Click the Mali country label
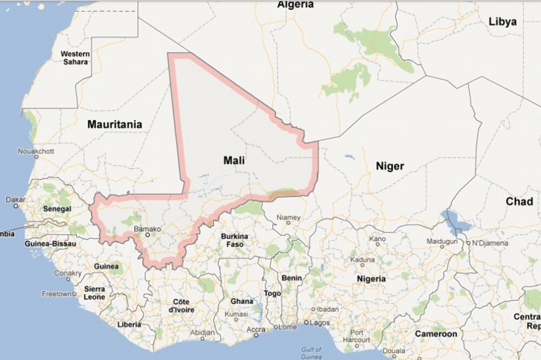pos(234,161)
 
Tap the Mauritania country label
pos(115,124)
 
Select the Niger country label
pos(390,166)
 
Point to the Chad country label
pos(519,202)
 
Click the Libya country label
pos(503,22)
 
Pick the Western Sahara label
pos(75,58)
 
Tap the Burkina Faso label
pos(234,240)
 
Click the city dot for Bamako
pos(147,235)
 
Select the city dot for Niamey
pos(289,223)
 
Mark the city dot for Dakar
pos(16,206)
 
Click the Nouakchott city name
pos(36,151)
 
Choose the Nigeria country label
pos(372,278)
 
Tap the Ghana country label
pos(242,302)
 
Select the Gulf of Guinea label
pos(312,353)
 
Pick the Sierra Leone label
pos(94,293)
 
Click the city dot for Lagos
pos(306,323)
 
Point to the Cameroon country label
pos(436,334)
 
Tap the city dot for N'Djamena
pos(467,243)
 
